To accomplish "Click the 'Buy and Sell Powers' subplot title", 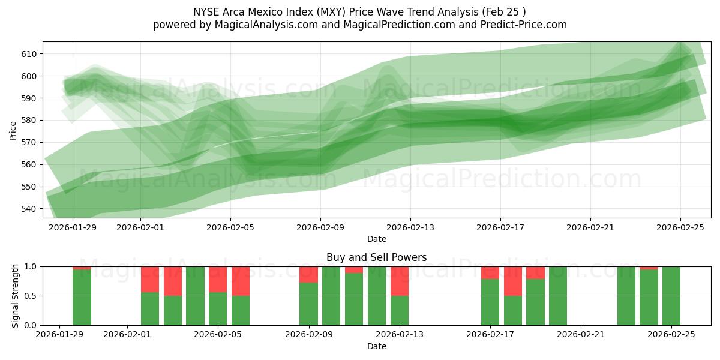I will click(376, 257).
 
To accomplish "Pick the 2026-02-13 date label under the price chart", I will click(410, 227).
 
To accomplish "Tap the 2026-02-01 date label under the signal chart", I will click(127, 335).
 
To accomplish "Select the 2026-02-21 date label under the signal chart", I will click(581, 335).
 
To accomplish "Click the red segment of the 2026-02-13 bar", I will click(400, 281).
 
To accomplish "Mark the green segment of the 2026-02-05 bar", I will click(218, 309).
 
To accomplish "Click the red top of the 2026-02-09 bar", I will click(309, 274).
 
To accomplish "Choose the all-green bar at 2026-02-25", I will click(671, 296).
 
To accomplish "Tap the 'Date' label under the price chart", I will click(376, 239).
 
